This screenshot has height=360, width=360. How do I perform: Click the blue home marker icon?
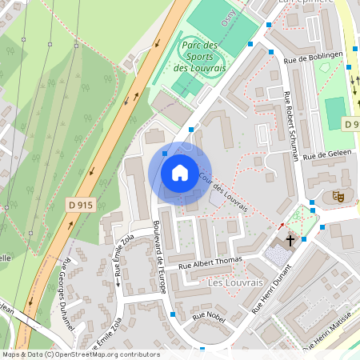coord(180,172)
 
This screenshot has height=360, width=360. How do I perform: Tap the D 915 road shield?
coord(80,206)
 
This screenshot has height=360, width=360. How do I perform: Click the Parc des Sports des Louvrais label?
coord(201,57)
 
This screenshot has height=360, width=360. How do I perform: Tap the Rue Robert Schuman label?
coord(292,126)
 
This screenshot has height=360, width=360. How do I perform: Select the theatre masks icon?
coord(338,195)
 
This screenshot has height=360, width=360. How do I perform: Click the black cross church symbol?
coord(290,240)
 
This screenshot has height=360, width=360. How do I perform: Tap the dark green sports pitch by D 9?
coord(334,112)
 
